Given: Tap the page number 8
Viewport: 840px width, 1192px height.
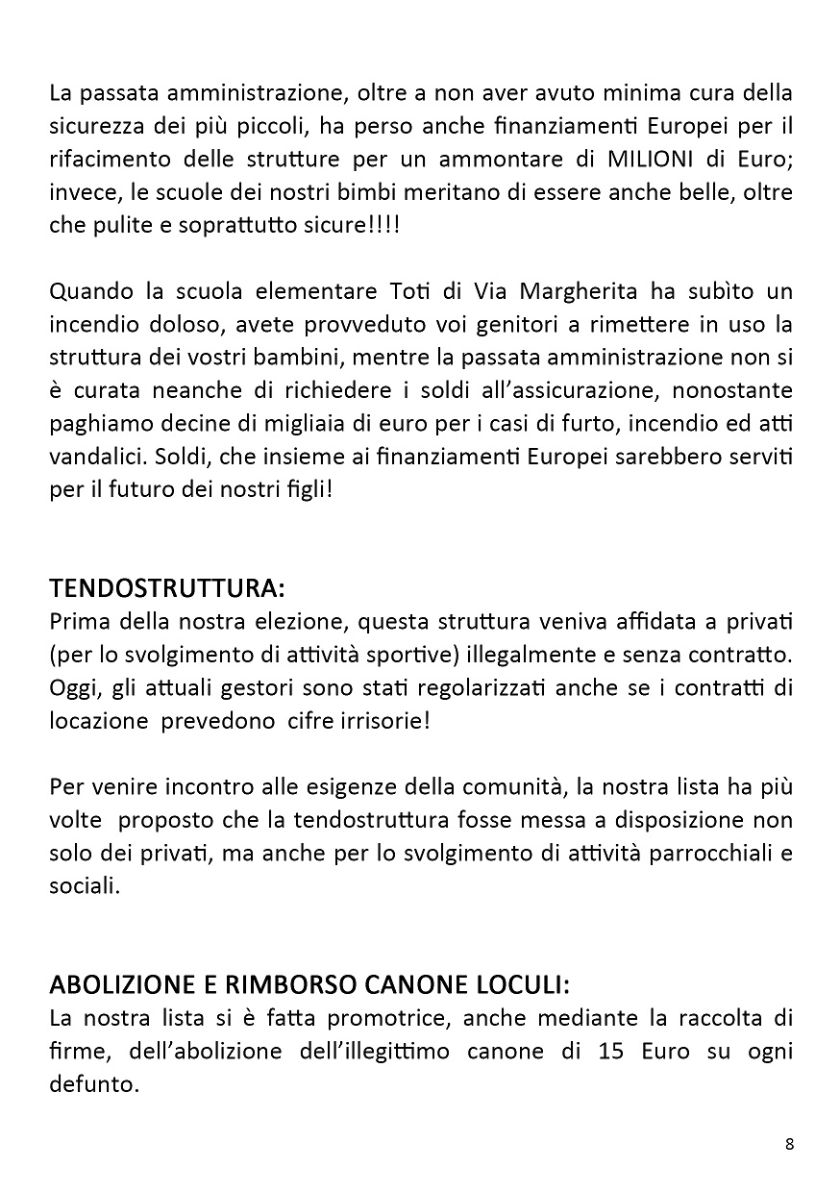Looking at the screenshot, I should (789, 1144).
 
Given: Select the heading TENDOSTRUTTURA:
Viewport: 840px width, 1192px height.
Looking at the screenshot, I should (167, 586).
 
